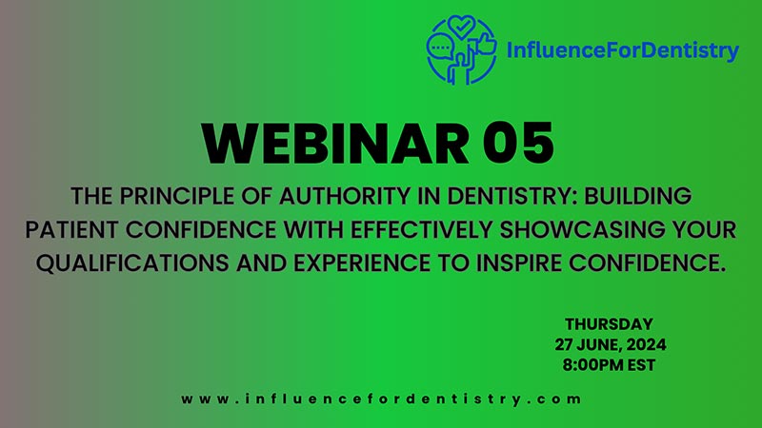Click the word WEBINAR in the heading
[335, 145]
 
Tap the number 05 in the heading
[518, 145]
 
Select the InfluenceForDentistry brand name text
[623, 50]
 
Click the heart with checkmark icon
[461, 27]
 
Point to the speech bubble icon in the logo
[440, 49]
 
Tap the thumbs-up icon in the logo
[486, 44]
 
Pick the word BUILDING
[637, 197]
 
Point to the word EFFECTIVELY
[421, 229]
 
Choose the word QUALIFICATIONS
[132, 263]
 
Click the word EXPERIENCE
[362, 263]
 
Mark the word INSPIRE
[518, 263]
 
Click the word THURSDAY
[609, 324]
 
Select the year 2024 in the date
[646, 344]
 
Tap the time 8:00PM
[592, 365]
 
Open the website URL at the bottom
[381, 399]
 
